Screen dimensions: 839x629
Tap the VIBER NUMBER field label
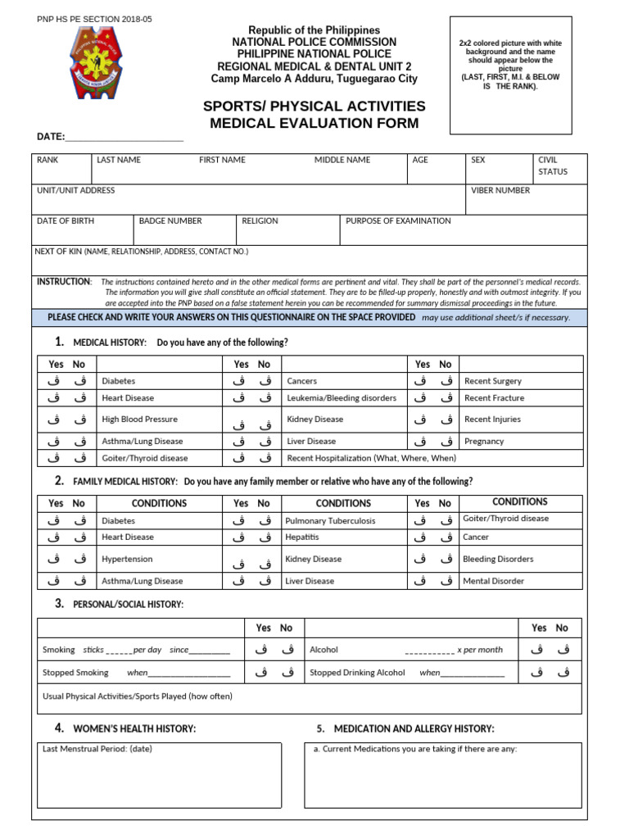point(500,190)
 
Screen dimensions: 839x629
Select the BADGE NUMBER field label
point(170,221)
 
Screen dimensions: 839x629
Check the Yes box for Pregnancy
point(419,441)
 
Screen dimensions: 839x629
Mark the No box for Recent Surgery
point(446,380)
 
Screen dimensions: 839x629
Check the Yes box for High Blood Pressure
point(53,419)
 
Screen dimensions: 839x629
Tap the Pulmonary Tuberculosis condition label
point(330,521)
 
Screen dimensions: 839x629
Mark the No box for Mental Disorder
point(446,580)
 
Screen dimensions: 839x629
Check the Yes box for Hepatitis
point(238,537)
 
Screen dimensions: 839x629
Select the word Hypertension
point(127,559)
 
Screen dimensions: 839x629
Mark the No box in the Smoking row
point(287,650)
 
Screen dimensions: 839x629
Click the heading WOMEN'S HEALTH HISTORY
point(134,728)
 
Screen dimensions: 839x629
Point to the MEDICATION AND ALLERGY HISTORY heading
point(414,728)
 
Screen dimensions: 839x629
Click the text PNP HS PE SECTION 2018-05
point(94,19)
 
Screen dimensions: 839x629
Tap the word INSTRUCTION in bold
point(64,282)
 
